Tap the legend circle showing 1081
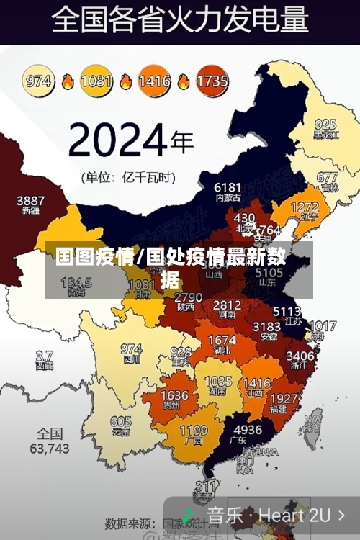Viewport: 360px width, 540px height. coord(96,81)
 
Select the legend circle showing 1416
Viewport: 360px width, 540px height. coord(154,81)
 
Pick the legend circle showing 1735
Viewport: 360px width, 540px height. coord(212,81)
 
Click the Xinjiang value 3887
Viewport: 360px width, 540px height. coord(30,200)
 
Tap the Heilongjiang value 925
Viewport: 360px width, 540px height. coord(325,124)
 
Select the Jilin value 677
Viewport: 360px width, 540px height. coord(327,177)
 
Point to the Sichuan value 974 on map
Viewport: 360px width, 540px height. coord(131,348)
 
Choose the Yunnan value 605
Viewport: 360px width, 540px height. coord(121,422)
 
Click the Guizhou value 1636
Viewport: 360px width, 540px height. coord(174,395)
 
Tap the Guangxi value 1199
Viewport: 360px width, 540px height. coord(193,431)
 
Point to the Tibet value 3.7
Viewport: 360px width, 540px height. coord(44,356)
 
